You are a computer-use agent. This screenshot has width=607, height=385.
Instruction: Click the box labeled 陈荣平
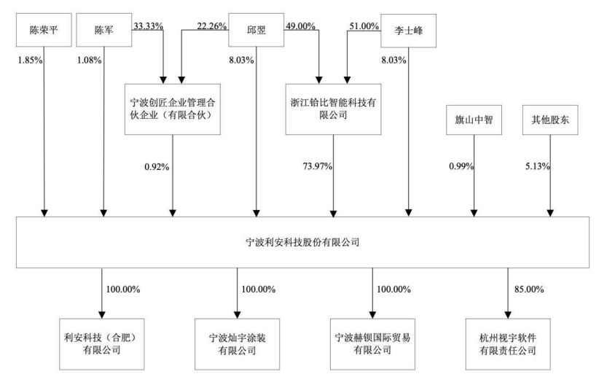tap(44, 30)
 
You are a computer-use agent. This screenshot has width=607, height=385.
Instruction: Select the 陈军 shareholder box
tap(103, 30)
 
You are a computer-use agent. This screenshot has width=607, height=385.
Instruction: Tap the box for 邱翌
tap(256, 30)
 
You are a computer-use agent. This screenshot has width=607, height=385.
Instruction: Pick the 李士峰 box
tap(408, 31)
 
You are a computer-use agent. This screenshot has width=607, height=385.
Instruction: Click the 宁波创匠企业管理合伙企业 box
tap(173, 109)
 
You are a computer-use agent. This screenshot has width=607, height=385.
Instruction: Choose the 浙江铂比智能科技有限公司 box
tap(333, 109)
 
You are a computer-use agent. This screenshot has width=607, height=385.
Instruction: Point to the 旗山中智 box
tap(474, 120)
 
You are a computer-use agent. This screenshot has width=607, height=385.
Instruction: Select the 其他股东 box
tap(550, 120)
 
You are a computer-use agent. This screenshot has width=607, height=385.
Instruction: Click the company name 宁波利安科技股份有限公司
tap(302, 243)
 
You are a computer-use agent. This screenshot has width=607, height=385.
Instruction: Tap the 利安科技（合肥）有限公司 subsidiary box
tap(102, 344)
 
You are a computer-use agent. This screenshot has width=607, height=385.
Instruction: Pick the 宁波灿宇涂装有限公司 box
tap(238, 344)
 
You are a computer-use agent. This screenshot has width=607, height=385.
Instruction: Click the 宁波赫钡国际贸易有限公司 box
tap(372, 344)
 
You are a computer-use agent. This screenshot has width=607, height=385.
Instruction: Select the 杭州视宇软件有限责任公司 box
tap(508, 344)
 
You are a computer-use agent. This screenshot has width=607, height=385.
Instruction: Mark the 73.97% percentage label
tap(318, 166)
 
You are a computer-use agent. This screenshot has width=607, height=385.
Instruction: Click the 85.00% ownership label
tap(529, 289)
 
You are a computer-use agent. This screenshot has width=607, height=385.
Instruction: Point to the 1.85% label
tap(30, 60)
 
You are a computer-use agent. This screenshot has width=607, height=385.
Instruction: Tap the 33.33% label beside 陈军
tap(148, 26)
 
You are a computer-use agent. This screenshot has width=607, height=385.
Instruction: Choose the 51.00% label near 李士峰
tap(364, 26)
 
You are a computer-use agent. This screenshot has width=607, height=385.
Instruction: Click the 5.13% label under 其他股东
tap(537, 166)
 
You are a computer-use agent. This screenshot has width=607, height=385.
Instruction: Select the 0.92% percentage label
tap(157, 167)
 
